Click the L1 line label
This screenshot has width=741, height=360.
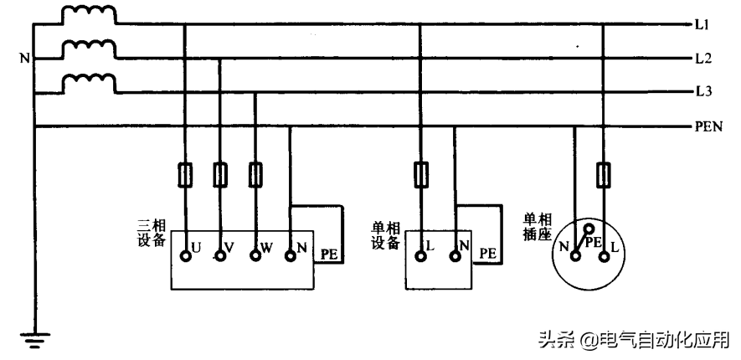(x=702, y=26)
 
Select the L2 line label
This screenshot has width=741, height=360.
(x=702, y=59)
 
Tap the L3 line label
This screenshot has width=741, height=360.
(x=702, y=91)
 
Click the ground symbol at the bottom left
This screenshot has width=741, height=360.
(x=34, y=339)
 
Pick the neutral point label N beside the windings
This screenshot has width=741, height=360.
(x=24, y=59)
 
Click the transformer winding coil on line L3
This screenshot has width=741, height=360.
(x=90, y=82)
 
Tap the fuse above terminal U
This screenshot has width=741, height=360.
(x=185, y=174)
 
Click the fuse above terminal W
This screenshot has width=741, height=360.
(x=255, y=174)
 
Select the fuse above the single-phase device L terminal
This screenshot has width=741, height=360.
(x=420, y=174)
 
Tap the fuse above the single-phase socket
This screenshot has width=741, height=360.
(x=603, y=174)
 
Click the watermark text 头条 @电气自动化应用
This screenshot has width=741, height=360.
(x=633, y=339)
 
